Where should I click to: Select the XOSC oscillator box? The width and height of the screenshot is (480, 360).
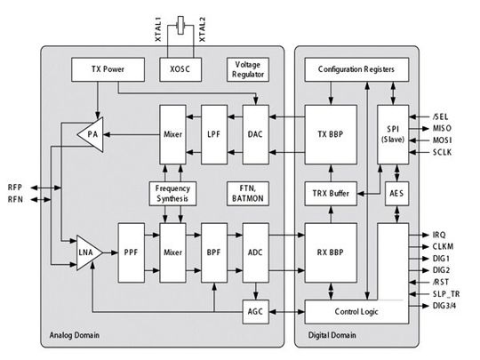pos(179,68)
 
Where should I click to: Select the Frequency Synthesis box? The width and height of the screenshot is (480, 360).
pos(174,193)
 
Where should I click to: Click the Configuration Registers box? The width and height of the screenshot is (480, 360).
pos(349,68)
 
